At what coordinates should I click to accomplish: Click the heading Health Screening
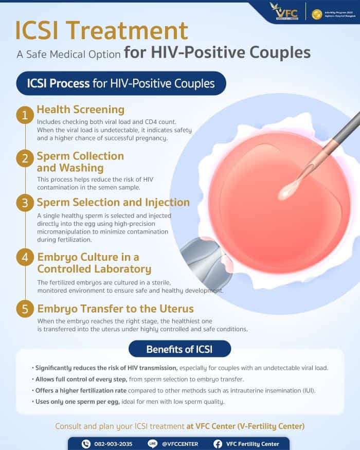point(80,110)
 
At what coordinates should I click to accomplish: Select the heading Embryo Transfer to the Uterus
point(115,309)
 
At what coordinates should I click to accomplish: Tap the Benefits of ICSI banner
point(179,349)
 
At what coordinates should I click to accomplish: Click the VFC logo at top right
point(284,10)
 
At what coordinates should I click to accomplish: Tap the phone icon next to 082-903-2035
point(86,444)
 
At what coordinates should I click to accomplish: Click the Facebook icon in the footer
point(218,444)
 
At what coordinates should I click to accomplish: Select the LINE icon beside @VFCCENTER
point(152,444)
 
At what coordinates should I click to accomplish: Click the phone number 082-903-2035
point(113,444)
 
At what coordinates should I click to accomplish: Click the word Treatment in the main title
point(137,31)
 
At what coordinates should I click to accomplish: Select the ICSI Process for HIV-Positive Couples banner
point(121,83)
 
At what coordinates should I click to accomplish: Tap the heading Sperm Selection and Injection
point(113,203)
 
